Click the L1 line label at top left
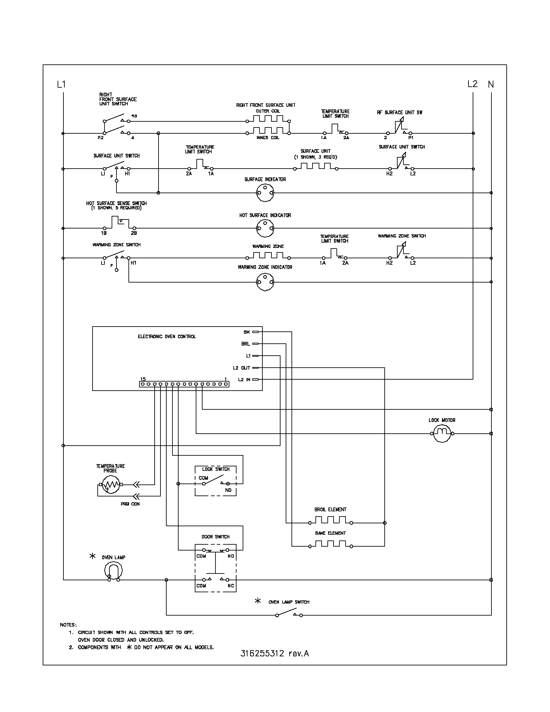coord(61,84)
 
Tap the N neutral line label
coord(491,84)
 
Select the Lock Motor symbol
coord(442,434)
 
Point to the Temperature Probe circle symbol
coord(111,484)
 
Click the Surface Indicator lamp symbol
coord(265,192)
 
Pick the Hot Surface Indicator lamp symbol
coord(265,228)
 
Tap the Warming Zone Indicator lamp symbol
coord(265,282)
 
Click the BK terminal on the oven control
coord(255,332)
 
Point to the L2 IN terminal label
coord(244,380)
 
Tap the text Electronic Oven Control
coord(167,337)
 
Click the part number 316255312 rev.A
coord(274,653)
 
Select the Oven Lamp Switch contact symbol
coord(289,615)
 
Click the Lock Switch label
coord(216,469)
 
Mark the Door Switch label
coord(215,537)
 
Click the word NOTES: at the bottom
coord(68,625)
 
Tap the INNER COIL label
coord(268,138)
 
